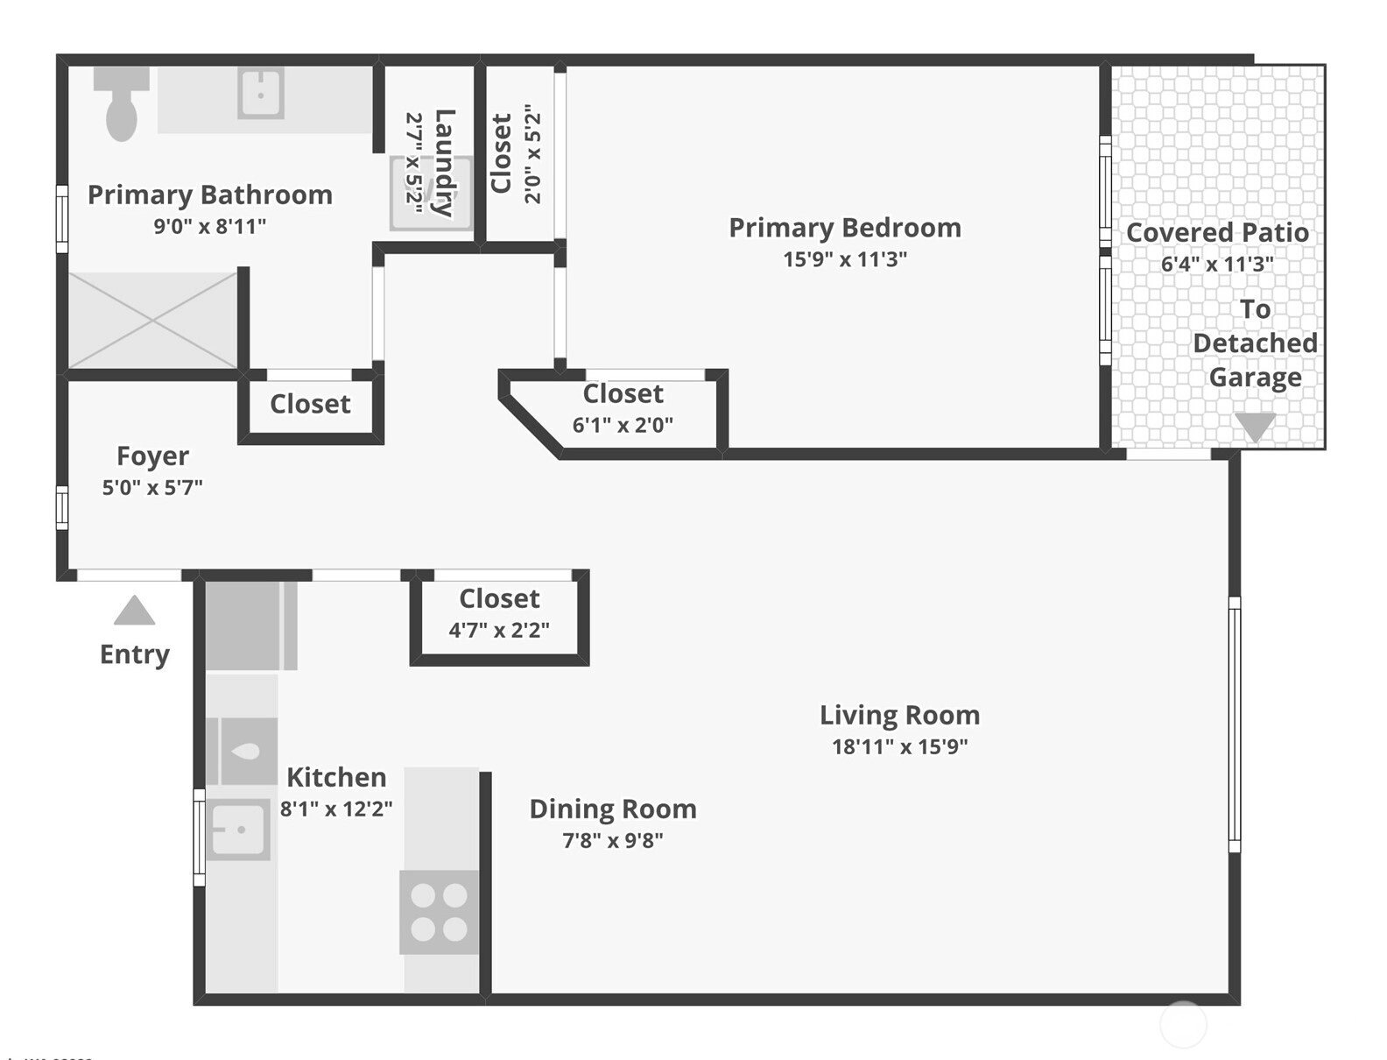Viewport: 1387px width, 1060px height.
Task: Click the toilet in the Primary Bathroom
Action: (122, 103)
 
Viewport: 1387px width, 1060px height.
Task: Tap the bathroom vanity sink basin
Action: (260, 94)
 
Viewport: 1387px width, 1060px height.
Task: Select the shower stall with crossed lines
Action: (152, 321)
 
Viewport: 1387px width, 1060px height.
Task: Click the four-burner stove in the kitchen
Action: (439, 912)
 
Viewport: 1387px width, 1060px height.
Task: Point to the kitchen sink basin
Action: (238, 830)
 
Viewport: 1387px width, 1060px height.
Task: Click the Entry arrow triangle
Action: (135, 610)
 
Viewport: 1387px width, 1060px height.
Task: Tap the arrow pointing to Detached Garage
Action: (1255, 428)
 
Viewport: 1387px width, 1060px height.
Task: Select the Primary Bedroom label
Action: (845, 228)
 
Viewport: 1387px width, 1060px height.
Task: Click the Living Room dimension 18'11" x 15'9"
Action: (900, 746)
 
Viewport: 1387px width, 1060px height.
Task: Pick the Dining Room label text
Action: (613, 809)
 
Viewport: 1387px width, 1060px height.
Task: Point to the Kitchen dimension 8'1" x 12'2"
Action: (336, 809)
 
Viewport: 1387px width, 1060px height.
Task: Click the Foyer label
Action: (153, 456)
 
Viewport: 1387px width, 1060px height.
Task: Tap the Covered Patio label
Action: (1217, 233)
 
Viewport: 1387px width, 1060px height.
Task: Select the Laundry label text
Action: (446, 163)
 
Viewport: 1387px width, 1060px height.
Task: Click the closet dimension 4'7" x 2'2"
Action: (499, 630)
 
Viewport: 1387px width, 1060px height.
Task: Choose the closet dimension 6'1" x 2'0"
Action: (623, 425)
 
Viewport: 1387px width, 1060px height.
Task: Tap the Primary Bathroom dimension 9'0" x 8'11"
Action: (210, 226)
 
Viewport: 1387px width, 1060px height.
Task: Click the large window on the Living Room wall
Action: (1234, 724)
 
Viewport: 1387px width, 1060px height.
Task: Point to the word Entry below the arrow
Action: (135, 655)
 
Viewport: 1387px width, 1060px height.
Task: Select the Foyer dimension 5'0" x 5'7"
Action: (152, 487)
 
